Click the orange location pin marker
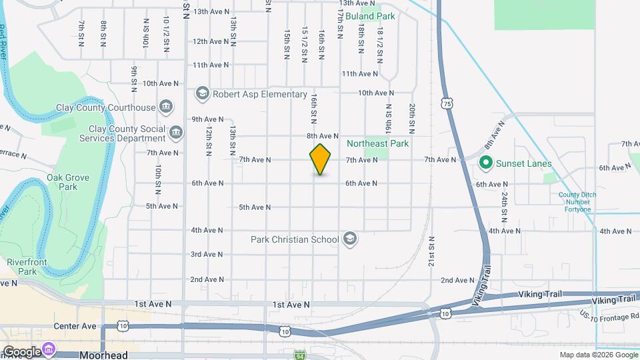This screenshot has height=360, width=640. [321, 159]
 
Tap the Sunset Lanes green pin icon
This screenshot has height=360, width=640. [486, 163]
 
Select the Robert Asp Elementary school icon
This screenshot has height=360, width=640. [203, 94]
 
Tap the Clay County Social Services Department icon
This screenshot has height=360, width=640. [175, 132]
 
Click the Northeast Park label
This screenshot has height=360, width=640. [377, 143]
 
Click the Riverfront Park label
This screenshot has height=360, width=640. [27, 267]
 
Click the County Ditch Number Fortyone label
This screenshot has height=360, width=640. [574, 202]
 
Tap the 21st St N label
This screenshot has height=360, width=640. [431, 251]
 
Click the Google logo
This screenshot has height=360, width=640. [21, 351]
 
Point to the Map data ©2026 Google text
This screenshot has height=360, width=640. [597, 355]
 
